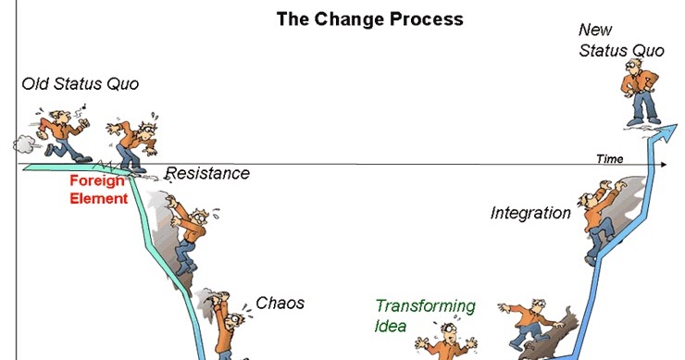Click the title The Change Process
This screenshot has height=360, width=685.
click(370, 19)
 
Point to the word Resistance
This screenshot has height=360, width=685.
click(207, 173)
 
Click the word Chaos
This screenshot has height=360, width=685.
click(280, 303)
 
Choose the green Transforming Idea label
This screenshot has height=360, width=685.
click(425, 315)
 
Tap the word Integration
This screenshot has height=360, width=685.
click(530, 214)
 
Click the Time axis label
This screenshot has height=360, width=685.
click(609, 159)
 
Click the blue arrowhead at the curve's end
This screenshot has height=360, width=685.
click(663, 135)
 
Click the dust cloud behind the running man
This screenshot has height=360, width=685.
click(24, 143)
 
